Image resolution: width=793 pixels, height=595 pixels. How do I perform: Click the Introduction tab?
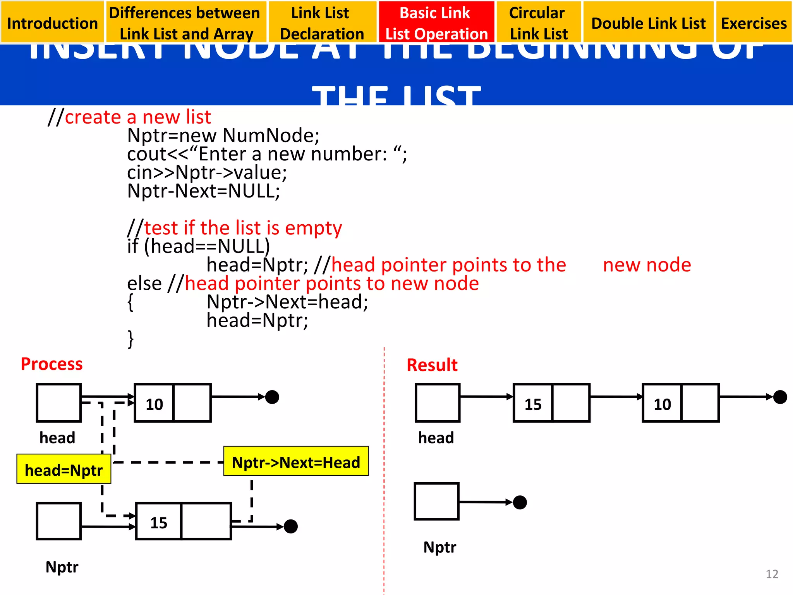coord(52,23)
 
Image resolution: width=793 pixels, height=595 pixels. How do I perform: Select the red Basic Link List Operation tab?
coord(436,23)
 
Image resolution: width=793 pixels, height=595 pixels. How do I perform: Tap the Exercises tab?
coord(754,23)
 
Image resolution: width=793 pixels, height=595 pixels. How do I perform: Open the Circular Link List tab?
coord(538,23)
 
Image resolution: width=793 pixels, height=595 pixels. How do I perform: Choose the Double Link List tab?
coord(649,23)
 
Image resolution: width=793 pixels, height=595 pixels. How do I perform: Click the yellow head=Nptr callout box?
coord(64,469)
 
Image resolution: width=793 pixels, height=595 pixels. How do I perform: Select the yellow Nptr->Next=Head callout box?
coord(296,462)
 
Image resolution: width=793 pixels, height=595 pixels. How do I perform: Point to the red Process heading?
coord(51,364)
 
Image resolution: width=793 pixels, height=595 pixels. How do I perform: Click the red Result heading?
coord(432,365)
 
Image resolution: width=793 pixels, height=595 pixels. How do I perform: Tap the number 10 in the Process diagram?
coord(154,404)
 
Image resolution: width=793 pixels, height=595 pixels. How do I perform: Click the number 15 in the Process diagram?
coord(158,523)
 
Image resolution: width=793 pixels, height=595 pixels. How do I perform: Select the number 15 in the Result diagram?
coord(533,404)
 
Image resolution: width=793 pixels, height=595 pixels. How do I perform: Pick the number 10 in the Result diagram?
coord(662,404)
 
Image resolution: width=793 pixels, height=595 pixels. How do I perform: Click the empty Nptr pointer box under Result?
coord(436,501)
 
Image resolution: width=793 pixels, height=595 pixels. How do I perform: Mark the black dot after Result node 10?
coord(780,397)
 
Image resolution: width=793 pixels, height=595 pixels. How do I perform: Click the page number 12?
coord(772,574)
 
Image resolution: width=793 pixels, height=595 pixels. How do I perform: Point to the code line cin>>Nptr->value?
coord(207,172)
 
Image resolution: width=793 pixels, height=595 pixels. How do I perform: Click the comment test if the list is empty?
coord(243,228)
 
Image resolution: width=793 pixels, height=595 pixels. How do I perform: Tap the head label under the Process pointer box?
coord(57,438)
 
